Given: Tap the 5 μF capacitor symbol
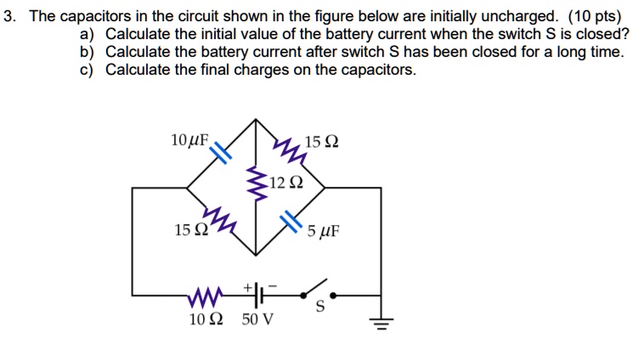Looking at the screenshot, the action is pos(291,222).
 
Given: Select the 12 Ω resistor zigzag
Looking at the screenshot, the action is pos(256,183).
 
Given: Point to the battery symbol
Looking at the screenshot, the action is pos(258,295).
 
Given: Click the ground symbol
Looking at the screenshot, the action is pos(381,323).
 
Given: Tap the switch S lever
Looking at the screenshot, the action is pos(315,287).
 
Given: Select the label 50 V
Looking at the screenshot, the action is pos(257,319).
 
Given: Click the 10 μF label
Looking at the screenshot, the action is pos(189,140).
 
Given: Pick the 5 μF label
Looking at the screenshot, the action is pos(323,231).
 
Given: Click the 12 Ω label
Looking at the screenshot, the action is pos(286,183).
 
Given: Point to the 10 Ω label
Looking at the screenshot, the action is pos(206,319).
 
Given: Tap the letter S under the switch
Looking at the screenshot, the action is pos(320,307).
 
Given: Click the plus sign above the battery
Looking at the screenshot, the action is pos(247,287).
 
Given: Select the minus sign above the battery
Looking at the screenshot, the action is pos(272,286).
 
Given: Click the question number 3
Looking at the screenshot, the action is pos(9,16).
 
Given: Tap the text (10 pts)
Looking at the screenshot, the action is pos(595,16).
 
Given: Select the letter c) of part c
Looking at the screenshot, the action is pos(87,70).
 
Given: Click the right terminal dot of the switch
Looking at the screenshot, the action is pos(333,295).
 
